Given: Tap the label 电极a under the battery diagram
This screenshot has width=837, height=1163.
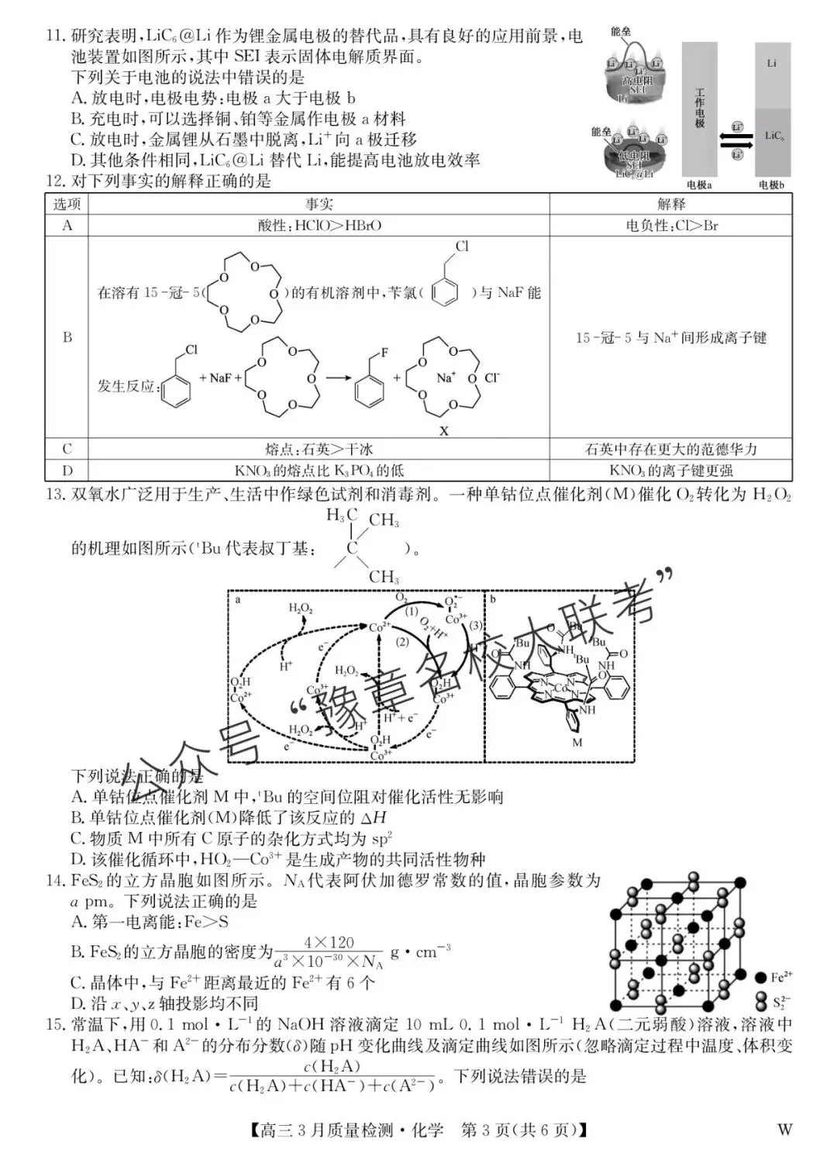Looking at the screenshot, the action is tap(699, 185).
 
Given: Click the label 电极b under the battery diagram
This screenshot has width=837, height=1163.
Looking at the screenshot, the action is tap(771, 185).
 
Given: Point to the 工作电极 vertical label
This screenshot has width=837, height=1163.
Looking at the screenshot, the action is tap(700, 108).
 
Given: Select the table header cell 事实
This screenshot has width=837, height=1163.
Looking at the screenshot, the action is tap(319, 204).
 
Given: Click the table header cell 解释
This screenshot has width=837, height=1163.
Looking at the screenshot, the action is tap(671, 204).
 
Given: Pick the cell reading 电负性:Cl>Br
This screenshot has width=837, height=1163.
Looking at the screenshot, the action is tap(671, 226).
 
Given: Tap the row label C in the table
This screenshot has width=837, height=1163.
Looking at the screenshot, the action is tap(67, 449).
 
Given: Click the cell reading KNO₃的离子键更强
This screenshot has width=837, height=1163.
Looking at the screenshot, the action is tap(671, 471).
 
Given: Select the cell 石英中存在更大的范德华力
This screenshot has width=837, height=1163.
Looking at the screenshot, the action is tap(671, 449).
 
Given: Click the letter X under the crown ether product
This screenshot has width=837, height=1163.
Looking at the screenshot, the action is tap(444, 431).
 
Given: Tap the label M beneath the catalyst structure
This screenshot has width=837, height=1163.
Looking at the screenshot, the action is tap(577, 743).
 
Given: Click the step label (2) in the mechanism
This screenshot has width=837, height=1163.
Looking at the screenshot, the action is tap(402, 642).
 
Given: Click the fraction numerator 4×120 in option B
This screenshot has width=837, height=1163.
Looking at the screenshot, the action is tap(329, 942).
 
